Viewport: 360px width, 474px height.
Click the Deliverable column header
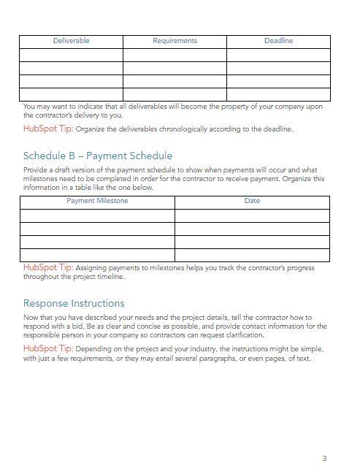pyautogui.click(x=71, y=41)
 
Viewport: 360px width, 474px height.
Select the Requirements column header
pyautogui.click(x=175, y=41)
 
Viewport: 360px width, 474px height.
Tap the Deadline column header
pyautogui.click(x=278, y=41)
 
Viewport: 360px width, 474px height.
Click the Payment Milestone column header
pyautogui.click(x=97, y=201)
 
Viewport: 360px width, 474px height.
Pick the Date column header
pyautogui.click(x=252, y=201)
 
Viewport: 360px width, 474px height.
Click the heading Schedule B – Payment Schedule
pyautogui.click(x=98, y=156)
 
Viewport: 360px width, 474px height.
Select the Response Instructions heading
pyautogui.click(x=74, y=303)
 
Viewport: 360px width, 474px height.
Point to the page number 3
pyautogui.click(x=323, y=458)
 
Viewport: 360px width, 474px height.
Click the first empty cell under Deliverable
pyautogui.click(x=71, y=55)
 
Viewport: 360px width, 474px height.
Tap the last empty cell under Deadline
pyautogui.click(x=278, y=94)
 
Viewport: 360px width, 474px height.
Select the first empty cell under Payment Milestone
pyautogui.click(x=97, y=215)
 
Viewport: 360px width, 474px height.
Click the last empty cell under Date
pyautogui.click(x=252, y=255)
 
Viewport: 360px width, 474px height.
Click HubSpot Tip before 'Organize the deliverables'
pyautogui.click(x=48, y=129)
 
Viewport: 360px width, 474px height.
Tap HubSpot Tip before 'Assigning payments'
pyautogui.click(x=48, y=268)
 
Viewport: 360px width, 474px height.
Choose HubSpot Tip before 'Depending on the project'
pyautogui.click(x=48, y=349)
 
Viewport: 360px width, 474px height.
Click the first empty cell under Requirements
pyautogui.click(x=175, y=55)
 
